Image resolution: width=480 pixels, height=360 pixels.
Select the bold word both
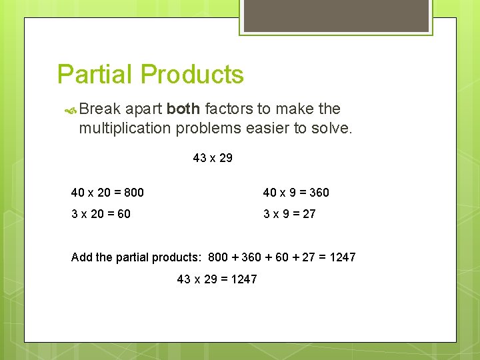point(183,109)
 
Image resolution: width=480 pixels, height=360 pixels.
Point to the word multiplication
point(125,128)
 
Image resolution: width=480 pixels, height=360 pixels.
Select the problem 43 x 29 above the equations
point(213,158)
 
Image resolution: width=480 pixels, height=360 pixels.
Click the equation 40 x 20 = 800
point(107,193)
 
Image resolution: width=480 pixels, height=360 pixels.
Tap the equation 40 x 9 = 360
point(296,193)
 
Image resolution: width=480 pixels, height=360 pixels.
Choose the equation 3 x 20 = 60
point(101,214)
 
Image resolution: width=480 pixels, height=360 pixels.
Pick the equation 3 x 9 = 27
point(289,214)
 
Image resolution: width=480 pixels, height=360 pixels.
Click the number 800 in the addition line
point(218,257)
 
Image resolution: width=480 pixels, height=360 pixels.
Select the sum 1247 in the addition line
point(343,257)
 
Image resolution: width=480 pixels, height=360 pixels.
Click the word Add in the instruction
point(81,257)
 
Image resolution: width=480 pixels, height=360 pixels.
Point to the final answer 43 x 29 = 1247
point(217,279)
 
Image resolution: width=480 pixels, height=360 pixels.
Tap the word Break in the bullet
point(100,109)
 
